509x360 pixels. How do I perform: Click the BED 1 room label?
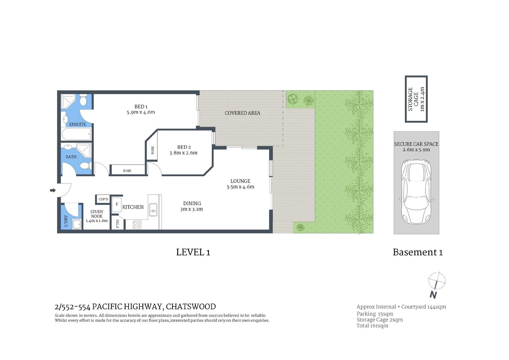point(141,106)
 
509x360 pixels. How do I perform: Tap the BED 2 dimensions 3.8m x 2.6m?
point(183,153)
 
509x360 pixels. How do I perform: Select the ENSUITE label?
point(77,124)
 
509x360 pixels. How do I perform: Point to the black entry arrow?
point(52,190)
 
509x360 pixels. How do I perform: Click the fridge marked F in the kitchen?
point(117,205)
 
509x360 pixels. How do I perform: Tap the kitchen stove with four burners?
point(137,225)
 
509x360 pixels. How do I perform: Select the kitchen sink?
point(153,210)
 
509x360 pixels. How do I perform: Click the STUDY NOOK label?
point(97,214)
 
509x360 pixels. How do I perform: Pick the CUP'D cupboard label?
point(103,199)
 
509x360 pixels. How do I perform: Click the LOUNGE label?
point(240,181)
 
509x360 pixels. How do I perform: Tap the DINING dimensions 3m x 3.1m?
point(192,209)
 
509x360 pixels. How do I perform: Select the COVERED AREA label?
point(242,113)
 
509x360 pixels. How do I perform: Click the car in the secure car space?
point(416,191)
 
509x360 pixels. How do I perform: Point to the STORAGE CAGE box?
point(416,99)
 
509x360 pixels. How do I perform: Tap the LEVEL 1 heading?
point(193,252)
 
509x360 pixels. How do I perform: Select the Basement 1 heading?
point(418,252)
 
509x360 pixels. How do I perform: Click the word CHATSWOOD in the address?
point(191,307)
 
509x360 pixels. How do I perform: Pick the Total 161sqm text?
point(372,326)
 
